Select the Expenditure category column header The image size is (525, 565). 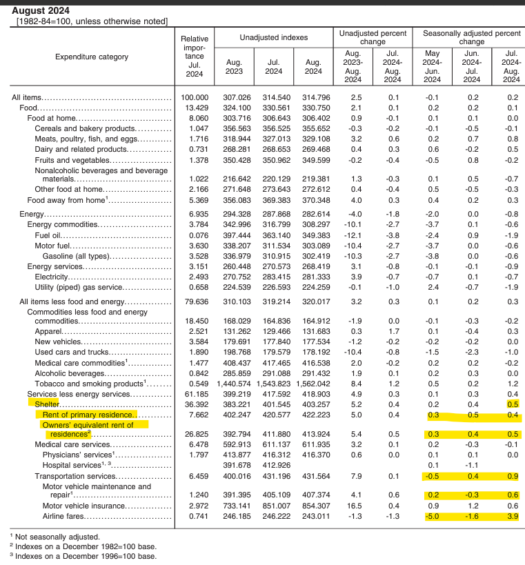(91, 57)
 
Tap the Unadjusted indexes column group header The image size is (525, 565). (274, 37)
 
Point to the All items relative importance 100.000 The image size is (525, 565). (194, 99)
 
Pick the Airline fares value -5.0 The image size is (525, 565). (432, 516)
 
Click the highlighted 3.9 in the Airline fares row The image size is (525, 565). (512, 516)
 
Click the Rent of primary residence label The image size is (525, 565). (88, 415)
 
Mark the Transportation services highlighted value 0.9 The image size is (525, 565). (512, 476)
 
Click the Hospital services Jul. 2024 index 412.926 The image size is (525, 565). (274, 465)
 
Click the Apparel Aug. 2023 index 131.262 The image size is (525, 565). (234, 331)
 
